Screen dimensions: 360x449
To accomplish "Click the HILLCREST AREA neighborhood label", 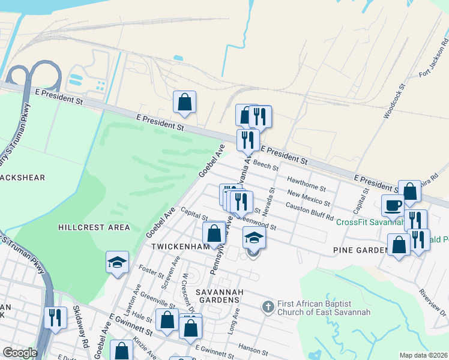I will [x=94, y=227].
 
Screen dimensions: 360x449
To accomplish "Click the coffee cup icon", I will [x=393, y=205].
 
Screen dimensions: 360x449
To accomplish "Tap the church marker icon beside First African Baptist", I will [x=268, y=307].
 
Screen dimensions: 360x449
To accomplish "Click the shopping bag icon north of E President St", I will [x=185, y=102].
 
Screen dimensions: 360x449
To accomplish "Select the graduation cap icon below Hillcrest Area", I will [x=117, y=262].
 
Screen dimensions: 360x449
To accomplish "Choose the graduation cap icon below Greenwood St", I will [x=254, y=238].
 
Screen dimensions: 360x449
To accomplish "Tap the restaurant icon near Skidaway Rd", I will [x=56, y=317].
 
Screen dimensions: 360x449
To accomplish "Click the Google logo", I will [x=20, y=353].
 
